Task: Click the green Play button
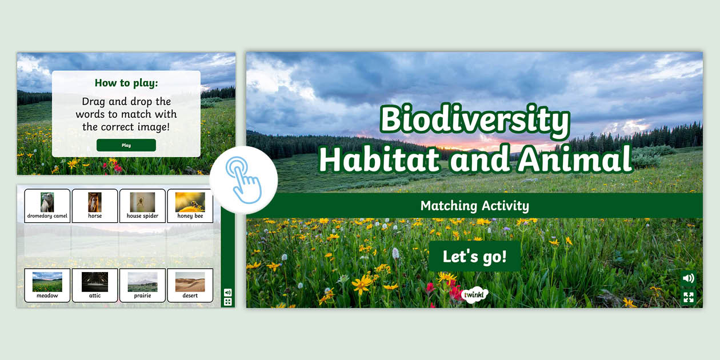click(x=126, y=145)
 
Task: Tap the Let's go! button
click(x=474, y=257)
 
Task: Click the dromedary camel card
click(x=47, y=206)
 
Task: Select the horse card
click(x=95, y=206)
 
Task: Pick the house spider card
click(x=142, y=206)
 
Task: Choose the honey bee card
click(x=190, y=206)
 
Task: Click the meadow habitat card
click(x=47, y=285)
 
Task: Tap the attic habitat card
click(x=95, y=285)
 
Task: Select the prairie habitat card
click(x=142, y=285)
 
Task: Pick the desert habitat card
click(x=190, y=285)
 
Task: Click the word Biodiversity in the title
click(x=475, y=121)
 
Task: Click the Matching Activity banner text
click(x=474, y=206)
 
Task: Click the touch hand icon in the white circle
click(x=243, y=179)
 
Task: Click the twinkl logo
click(x=475, y=295)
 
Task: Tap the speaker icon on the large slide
click(x=689, y=278)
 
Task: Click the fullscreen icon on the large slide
click(x=689, y=297)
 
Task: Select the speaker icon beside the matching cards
click(x=227, y=292)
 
